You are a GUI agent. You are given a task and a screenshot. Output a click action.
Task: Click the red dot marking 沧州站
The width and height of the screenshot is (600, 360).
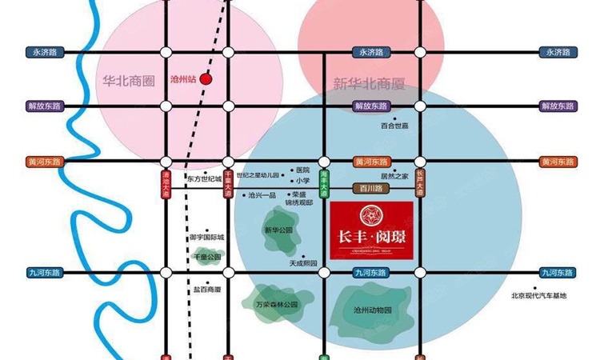pyautogui.click(x=206, y=79)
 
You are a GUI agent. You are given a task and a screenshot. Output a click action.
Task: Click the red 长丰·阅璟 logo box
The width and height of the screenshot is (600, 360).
pyautogui.click(x=371, y=226)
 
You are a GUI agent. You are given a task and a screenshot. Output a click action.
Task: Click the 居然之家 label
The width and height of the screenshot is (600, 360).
pyautogui.click(x=394, y=175)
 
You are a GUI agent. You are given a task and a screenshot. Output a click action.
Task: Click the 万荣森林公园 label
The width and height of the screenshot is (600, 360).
pyautogui.click(x=277, y=305)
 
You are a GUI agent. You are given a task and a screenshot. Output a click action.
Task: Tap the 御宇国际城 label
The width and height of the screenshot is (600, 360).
pyautogui.click(x=207, y=238)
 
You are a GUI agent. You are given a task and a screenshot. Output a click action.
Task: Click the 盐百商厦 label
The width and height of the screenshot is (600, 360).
pyautogui.click(x=207, y=290)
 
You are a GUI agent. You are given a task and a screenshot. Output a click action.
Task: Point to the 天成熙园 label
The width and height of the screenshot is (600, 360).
pyautogui.click(x=304, y=262)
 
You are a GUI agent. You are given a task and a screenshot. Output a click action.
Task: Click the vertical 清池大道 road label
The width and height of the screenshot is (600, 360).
pyautogui.click(x=166, y=183)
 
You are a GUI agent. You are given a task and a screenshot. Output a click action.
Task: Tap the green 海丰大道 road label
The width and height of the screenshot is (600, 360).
pyautogui.click(x=324, y=184)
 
